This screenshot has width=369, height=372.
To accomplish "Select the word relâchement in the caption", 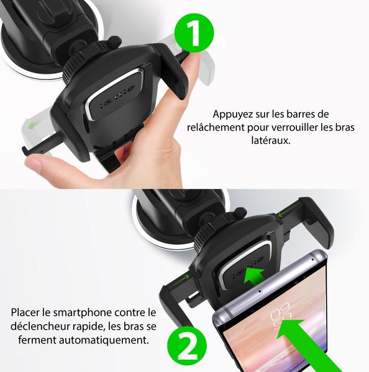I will coord(214,127).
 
